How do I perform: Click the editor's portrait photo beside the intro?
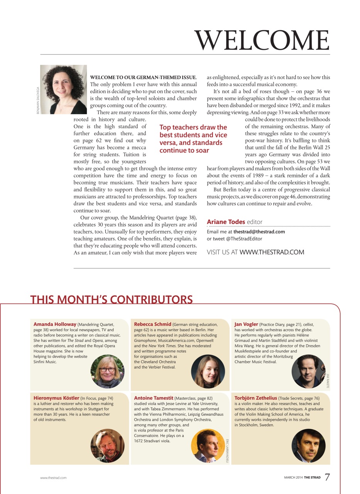point(64,90)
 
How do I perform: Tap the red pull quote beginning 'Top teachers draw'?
point(193,139)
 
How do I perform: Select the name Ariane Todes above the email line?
point(226,222)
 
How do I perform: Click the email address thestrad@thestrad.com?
point(259,232)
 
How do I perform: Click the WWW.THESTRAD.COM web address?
point(272,252)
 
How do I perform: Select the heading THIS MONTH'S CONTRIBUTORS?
point(111,299)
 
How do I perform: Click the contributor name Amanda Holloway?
point(55,324)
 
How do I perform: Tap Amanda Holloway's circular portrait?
point(108,371)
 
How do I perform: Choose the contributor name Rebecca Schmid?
point(152,324)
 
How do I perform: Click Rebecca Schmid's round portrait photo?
point(208,371)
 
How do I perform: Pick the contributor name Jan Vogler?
point(246,324)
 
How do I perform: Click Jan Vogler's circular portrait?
point(308,371)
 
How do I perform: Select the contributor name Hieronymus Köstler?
point(56,398)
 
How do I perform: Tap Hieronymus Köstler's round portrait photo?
point(108,446)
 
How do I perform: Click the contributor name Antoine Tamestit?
point(154,398)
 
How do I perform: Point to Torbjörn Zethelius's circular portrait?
point(308,446)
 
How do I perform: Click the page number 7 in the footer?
point(327,477)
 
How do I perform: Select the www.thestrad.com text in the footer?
point(53,478)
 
